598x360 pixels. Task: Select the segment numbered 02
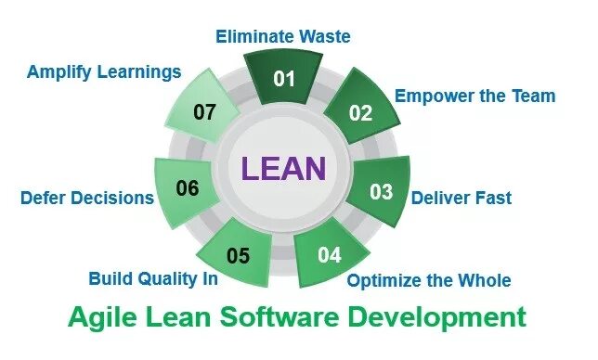pos(360,113)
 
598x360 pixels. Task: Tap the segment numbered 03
pos(381,192)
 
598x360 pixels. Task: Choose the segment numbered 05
pos(239,255)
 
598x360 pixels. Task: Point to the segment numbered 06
pos(188,189)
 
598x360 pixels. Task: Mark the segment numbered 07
pos(205,112)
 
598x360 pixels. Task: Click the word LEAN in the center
pos(283,169)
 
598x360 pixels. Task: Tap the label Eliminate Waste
pos(283,37)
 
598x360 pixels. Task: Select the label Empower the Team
pos(474,96)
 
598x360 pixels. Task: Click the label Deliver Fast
pos(461,198)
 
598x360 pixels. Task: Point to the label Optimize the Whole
pos(428,280)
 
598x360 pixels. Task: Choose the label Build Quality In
pos(153,277)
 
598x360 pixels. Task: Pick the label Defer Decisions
pos(86,198)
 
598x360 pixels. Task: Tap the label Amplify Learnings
pos(103,71)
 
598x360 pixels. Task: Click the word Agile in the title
pos(97,318)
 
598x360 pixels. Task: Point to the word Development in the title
pos(441,318)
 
